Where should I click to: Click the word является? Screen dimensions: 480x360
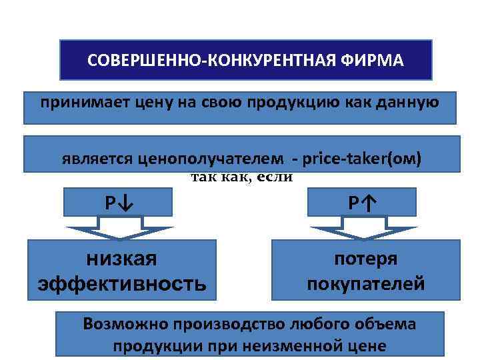[98, 160]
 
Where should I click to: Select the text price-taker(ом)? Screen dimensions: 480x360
[362, 160]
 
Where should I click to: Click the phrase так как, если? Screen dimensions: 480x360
[242, 177]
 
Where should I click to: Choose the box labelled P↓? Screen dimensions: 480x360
[118, 202]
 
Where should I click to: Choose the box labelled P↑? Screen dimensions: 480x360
[362, 202]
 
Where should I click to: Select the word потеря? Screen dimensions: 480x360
[365, 259]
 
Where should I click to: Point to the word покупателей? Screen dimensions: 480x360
[365, 284]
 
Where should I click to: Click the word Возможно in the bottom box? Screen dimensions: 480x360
[125, 324]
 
